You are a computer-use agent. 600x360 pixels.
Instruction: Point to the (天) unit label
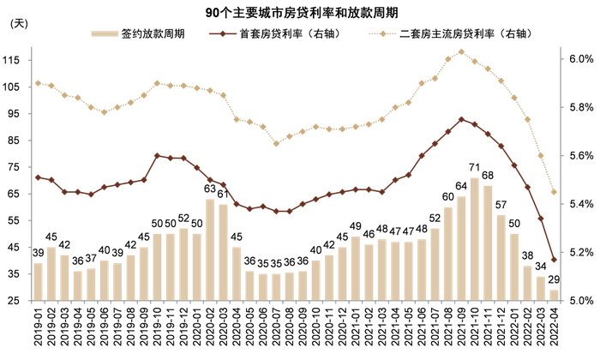click(x=18, y=25)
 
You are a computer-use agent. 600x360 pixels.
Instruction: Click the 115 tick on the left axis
click(x=14, y=60)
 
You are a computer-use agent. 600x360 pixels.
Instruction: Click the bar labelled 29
click(x=554, y=295)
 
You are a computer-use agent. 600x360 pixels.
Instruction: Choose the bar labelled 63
click(x=210, y=249)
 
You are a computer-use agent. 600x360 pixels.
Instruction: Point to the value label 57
click(x=501, y=206)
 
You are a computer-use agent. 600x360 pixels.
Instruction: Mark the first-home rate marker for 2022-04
click(x=554, y=260)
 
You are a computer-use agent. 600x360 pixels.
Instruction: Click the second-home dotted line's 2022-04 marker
click(x=554, y=192)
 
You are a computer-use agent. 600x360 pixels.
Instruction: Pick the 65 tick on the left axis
click(x=14, y=194)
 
